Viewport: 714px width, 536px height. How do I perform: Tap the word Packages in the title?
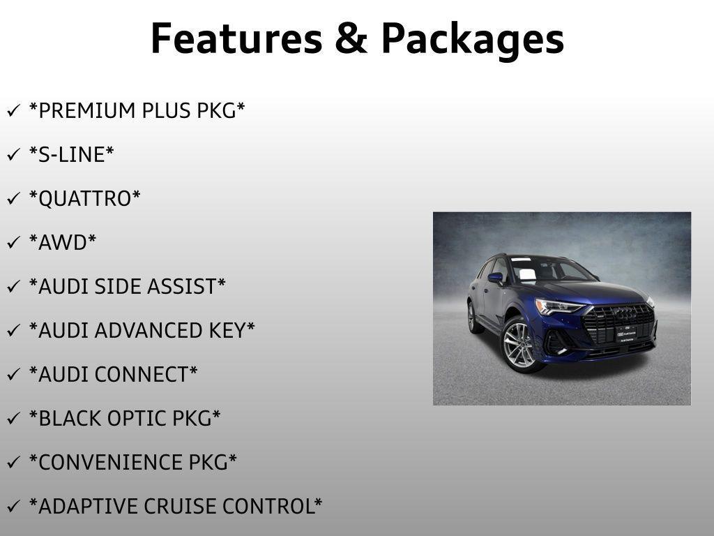point(472,40)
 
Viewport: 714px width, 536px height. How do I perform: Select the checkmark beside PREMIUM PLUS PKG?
point(13,112)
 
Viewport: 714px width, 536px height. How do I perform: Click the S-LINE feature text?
point(71,155)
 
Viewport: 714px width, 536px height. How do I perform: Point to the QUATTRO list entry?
point(84,199)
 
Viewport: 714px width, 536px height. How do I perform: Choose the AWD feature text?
point(63,243)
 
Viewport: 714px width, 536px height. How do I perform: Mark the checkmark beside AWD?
point(13,244)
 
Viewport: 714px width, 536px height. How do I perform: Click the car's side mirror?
point(495,278)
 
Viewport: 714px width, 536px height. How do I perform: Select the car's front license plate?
point(625,333)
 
